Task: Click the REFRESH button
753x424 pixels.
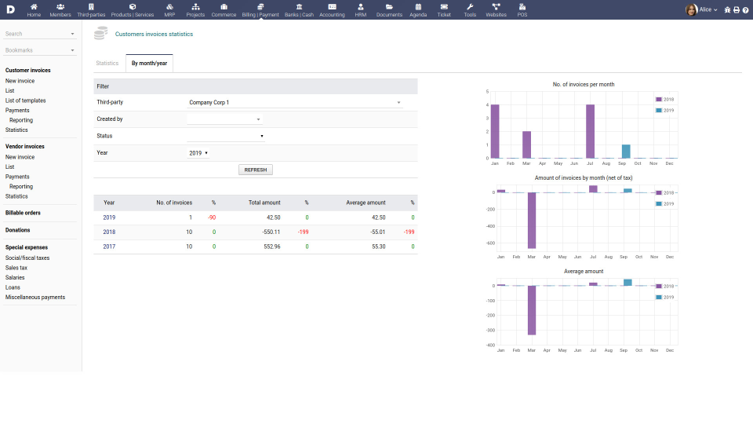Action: pyautogui.click(x=256, y=170)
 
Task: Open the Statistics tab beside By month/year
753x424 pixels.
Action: pyautogui.click(x=107, y=63)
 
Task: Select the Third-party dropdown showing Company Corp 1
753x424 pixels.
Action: pyautogui.click(x=294, y=102)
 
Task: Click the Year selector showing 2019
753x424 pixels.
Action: pyautogui.click(x=198, y=153)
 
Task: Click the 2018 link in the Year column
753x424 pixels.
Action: pyautogui.click(x=109, y=232)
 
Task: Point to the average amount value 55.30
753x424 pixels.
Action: pyautogui.click(x=376, y=247)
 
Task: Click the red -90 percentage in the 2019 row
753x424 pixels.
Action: pyautogui.click(x=212, y=217)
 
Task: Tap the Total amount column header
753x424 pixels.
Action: pyautogui.click(x=264, y=203)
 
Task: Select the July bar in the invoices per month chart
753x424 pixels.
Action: pyautogui.click(x=590, y=131)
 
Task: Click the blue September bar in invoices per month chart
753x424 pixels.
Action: pyautogui.click(x=626, y=152)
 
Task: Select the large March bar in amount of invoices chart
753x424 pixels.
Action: pyautogui.click(x=531, y=221)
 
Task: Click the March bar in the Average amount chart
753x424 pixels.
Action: pyautogui.click(x=531, y=310)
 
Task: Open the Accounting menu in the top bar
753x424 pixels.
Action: pyautogui.click(x=332, y=9)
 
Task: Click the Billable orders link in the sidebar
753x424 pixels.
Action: pyautogui.click(x=23, y=213)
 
